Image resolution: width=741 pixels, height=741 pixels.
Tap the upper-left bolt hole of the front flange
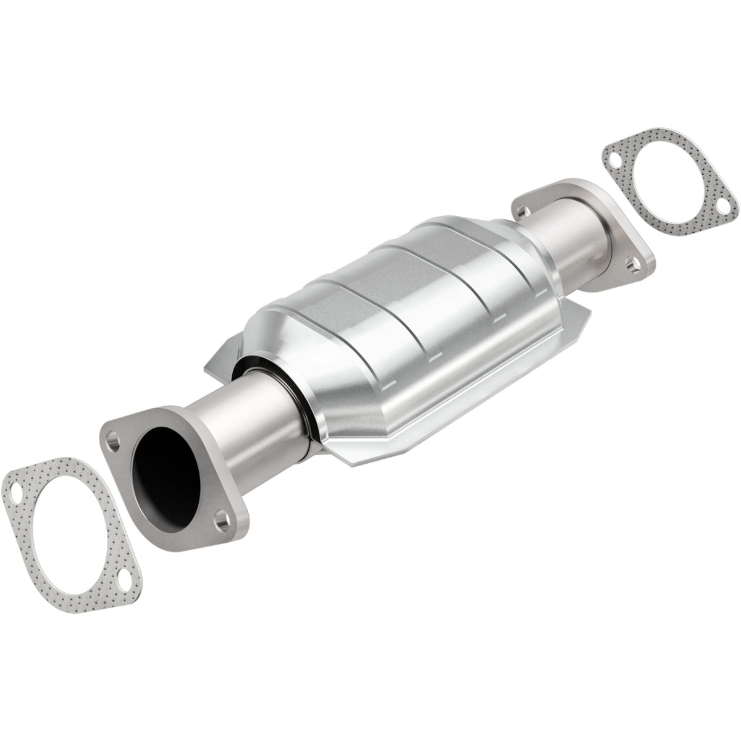tap(112, 442)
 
